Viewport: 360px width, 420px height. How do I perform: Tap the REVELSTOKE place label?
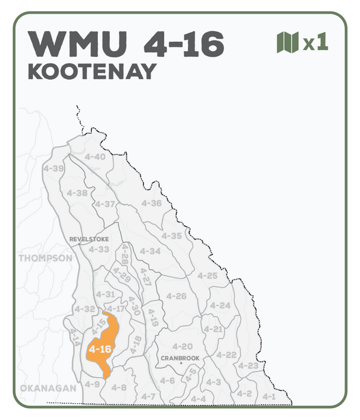[x=89, y=239]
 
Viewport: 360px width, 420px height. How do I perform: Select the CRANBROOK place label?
[x=180, y=358]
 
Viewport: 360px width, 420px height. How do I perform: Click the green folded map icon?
[x=287, y=43]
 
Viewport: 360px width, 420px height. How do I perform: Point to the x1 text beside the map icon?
[x=315, y=43]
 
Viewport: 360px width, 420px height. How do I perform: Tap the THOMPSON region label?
[x=46, y=258]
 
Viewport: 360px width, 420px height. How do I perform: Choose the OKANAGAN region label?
[x=48, y=389]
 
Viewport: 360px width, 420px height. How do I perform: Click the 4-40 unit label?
[x=94, y=156]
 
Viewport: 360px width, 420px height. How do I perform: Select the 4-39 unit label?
[x=53, y=168]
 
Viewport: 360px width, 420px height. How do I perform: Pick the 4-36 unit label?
[x=151, y=203]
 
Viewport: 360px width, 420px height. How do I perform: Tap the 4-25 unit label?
[x=208, y=276]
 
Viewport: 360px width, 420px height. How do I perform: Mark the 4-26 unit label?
[x=177, y=296]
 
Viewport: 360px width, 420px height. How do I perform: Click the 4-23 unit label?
[x=248, y=365]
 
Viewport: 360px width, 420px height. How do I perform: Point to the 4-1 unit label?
[x=269, y=396]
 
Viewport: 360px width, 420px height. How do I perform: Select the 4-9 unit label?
[x=92, y=384]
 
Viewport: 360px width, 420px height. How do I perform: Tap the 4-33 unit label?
[x=99, y=249]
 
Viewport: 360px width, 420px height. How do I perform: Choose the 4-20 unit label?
[x=182, y=346]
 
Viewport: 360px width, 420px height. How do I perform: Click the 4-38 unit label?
[x=77, y=193]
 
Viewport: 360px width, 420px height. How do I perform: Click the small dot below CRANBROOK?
[x=181, y=364]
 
